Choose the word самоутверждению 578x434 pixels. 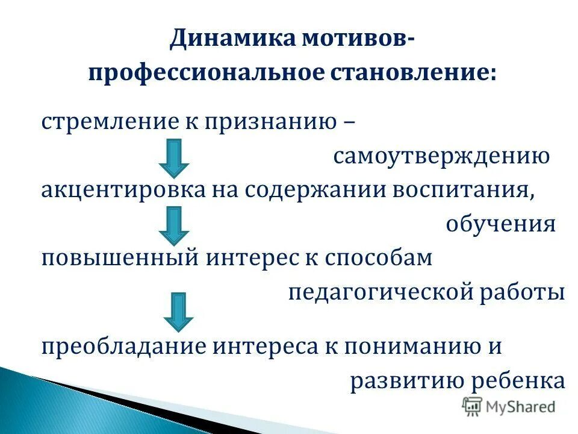(x=441, y=157)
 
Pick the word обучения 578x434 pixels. (x=500, y=224)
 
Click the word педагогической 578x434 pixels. (x=384, y=293)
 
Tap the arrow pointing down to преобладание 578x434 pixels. (x=178, y=311)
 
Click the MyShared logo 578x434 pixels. (x=509, y=406)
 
